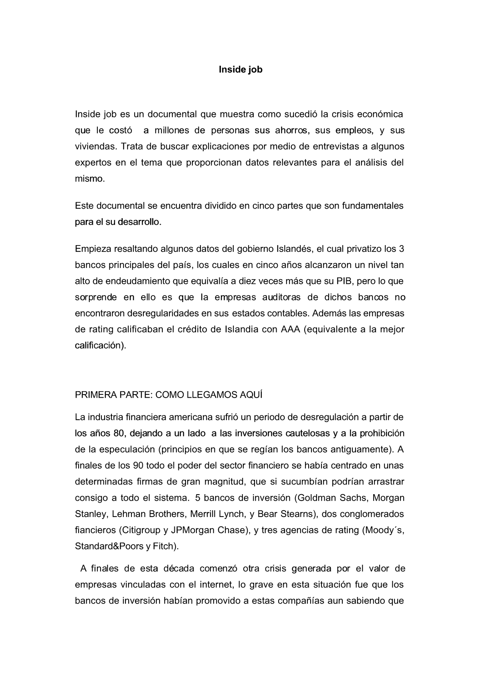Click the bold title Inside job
[240, 70]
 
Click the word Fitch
[164, 546]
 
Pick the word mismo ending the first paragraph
[89, 179]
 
